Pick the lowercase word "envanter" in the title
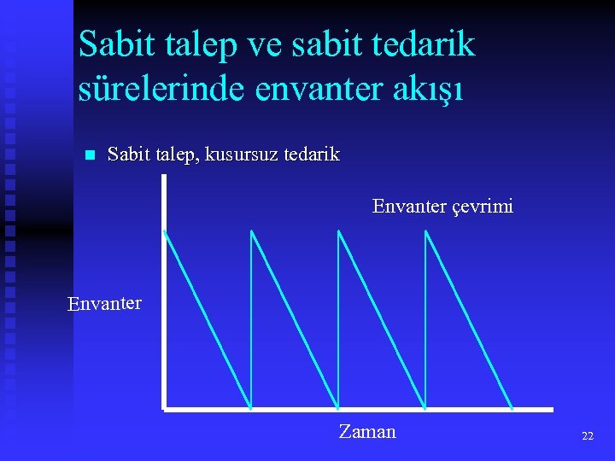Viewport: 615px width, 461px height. pyautogui.click(x=313, y=89)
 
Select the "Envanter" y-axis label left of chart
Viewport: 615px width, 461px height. pyautogui.click(x=104, y=303)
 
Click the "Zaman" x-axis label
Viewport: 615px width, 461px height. pyautogui.click(x=367, y=431)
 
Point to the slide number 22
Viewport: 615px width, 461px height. pyautogui.click(x=588, y=435)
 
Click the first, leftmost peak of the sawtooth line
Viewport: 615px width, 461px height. pyautogui.click(x=164, y=230)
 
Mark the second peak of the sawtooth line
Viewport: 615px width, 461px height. pyautogui.click(x=251, y=230)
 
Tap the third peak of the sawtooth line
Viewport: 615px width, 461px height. pyautogui.click(x=338, y=230)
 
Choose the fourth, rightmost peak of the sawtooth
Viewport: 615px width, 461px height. pyautogui.click(x=425, y=230)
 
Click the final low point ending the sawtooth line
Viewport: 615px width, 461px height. pyautogui.click(x=512, y=407)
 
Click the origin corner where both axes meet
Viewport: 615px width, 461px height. pyautogui.click(x=163, y=409)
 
